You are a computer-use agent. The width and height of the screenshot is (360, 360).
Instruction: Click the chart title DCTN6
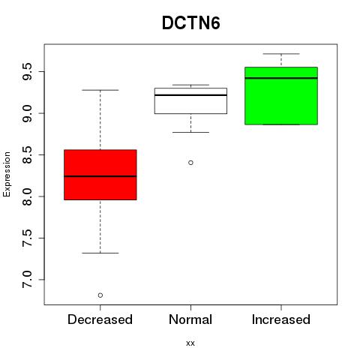(191, 23)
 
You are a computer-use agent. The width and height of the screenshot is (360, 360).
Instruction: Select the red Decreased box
(100, 175)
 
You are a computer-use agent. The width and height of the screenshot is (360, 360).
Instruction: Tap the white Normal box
(190, 100)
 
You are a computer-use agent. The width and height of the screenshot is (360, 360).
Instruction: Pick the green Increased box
(281, 96)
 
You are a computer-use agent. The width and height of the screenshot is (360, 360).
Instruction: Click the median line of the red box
(100, 176)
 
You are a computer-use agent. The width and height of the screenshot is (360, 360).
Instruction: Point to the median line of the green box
(281, 78)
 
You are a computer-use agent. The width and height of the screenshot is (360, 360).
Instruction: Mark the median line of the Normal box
(190, 95)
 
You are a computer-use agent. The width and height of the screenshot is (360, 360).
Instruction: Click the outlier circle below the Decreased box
(100, 295)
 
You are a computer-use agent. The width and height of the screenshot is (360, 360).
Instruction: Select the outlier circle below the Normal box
(190, 163)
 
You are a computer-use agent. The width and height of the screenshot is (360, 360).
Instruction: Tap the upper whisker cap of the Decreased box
(100, 90)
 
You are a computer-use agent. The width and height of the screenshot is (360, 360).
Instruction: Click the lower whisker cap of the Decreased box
(100, 253)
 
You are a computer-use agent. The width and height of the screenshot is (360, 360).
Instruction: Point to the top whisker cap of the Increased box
(281, 54)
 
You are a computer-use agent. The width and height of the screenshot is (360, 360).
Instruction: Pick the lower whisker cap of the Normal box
(190, 132)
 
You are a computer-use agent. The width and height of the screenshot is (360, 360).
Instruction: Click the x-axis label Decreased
(100, 319)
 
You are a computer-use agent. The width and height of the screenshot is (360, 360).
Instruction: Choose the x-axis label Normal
(190, 319)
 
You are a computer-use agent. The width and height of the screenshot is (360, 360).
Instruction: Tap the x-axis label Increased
(281, 319)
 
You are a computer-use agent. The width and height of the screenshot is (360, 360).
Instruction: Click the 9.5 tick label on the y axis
(27, 71)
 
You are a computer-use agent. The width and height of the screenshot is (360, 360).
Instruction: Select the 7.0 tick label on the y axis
(27, 280)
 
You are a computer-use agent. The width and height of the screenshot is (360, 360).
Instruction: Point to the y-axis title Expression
(7, 174)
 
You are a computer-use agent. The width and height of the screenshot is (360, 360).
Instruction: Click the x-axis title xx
(190, 343)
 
